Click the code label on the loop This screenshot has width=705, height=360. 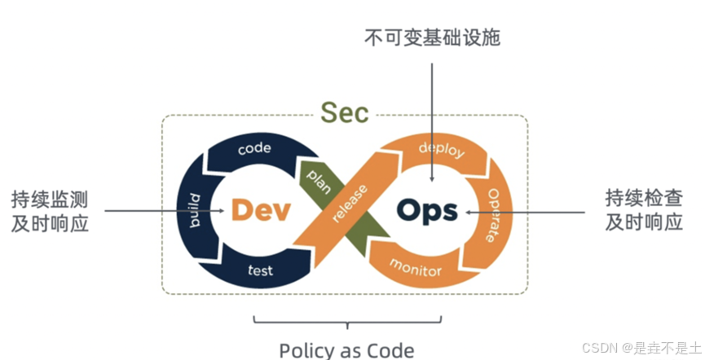pyautogui.click(x=254, y=148)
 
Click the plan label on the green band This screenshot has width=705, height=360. pyautogui.click(x=318, y=178)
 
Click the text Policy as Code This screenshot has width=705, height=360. pyautogui.click(x=346, y=349)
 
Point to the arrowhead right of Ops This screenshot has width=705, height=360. pyautogui.click(x=469, y=211)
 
